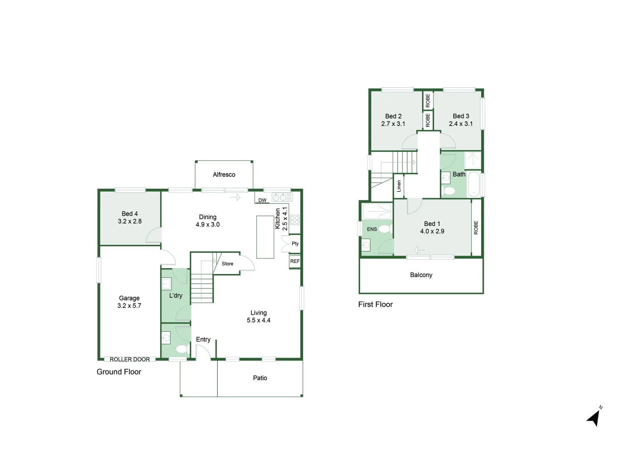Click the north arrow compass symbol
[595, 417]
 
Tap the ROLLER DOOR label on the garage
[129, 359]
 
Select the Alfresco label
[224, 175]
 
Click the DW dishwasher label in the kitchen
[262, 200]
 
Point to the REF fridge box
[295, 262]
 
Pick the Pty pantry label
[295, 244]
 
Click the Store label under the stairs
[227, 264]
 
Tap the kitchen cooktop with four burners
[295, 220]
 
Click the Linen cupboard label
[399, 186]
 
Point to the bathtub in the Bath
[474, 184]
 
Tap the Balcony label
[421, 275]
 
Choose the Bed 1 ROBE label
[476, 227]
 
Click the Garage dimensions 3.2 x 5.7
[129, 306]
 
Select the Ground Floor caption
[119, 372]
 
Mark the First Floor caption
[375, 304]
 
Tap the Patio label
[260, 378]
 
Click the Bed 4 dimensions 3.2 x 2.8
[129, 221]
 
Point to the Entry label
[203, 339]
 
